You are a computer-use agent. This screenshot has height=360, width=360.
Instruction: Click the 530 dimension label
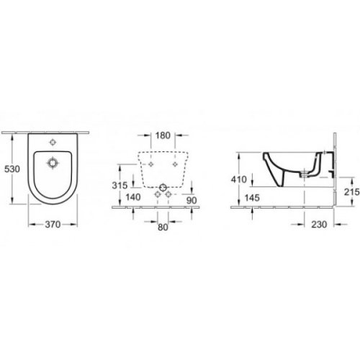[x=10, y=168]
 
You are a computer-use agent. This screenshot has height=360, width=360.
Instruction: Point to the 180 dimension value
[x=162, y=135]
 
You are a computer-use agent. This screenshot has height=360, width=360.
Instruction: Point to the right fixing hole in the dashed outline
[x=176, y=163]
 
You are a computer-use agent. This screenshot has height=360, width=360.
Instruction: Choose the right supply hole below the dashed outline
[x=168, y=195]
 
